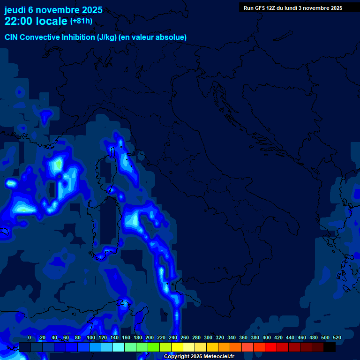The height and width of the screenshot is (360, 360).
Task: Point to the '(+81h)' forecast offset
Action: click(x=81, y=21)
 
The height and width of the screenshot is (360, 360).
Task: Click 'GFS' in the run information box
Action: click(x=260, y=8)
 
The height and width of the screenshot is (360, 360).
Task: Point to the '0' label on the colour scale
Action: click(x=30, y=337)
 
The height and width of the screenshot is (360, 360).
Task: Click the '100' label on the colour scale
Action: click(x=91, y=337)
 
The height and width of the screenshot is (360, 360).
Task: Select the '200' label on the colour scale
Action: click(x=150, y=337)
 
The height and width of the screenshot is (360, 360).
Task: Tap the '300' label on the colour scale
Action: click(x=208, y=337)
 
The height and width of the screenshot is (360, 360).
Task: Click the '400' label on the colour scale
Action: click(x=267, y=337)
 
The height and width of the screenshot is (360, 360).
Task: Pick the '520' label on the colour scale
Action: click(x=337, y=337)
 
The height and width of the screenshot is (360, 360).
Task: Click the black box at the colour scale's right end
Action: click(x=330, y=347)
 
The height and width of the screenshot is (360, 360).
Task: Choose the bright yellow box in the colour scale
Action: click(x=177, y=347)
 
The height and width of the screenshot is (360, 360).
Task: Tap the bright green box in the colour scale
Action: click(x=154, y=347)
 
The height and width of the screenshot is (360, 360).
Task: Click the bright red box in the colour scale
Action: click(x=271, y=347)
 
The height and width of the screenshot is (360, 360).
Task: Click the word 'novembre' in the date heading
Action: click(x=60, y=10)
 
